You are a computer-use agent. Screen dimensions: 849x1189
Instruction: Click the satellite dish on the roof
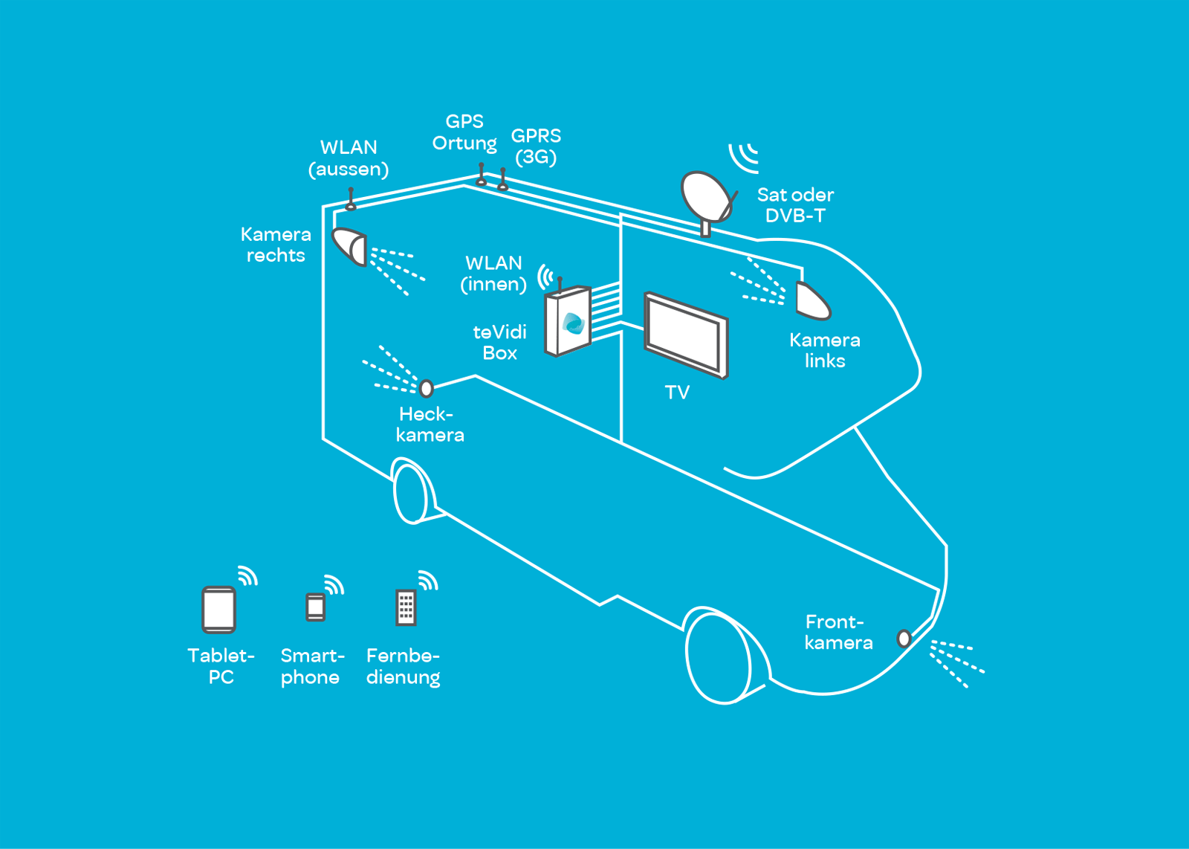(706, 196)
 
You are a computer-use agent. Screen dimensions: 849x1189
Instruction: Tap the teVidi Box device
(568, 322)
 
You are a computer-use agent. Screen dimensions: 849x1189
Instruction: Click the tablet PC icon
(219, 610)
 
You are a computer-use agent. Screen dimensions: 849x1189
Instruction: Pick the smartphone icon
(316, 607)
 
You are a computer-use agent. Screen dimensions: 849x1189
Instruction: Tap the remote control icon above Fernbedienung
(406, 607)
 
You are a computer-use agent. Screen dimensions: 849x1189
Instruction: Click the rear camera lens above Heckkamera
(427, 388)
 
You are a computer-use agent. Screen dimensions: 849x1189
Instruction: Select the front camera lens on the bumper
(904, 638)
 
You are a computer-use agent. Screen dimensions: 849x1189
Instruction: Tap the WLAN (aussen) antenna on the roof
(351, 198)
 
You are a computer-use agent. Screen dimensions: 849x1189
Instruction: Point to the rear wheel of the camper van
(411, 492)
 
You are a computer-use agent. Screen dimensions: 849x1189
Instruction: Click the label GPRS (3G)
(536, 146)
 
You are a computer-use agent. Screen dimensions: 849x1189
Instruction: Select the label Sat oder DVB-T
(795, 205)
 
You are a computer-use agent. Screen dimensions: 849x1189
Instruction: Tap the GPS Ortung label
(464, 132)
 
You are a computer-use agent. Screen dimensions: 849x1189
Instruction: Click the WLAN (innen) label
(493, 274)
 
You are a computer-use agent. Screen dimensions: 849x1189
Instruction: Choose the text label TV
(677, 393)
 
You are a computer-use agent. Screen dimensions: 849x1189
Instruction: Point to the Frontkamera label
(838, 632)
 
